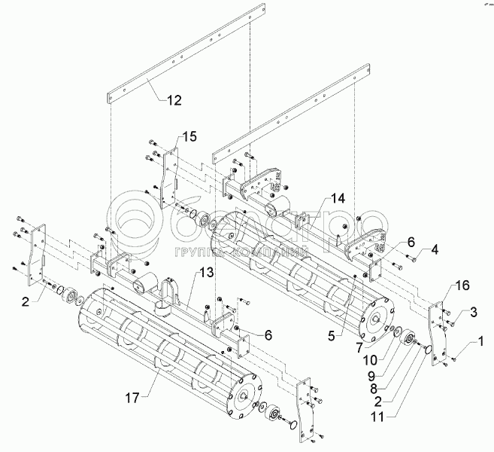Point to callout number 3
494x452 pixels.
tap(474, 312)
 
